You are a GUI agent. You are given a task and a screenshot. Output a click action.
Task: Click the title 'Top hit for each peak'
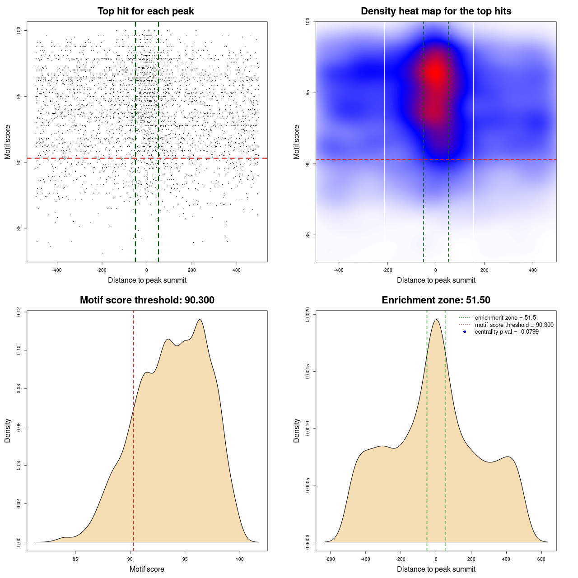pyautogui.click(x=145, y=11)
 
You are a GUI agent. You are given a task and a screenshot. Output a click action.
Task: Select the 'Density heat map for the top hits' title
pyautogui.click(x=436, y=11)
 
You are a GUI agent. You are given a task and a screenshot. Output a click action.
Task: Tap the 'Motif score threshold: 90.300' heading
pyautogui.click(x=147, y=300)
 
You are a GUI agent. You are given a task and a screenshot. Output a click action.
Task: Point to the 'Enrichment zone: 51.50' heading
pyautogui.click(x=436, y=300)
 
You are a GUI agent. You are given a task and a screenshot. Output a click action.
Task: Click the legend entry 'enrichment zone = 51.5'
pyautogui.click(x=505, y=318)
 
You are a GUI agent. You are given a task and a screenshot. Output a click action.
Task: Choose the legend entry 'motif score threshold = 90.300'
pyautogui.click(x=514, y=325)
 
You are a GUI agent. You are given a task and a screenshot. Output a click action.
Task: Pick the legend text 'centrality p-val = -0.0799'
pyautogui.click(x=507, y=332)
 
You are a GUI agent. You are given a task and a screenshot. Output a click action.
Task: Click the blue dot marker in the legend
pyautogui.click(x=465, y=332)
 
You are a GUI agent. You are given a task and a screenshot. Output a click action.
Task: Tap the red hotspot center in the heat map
pyautogui.click(x=435, y=72)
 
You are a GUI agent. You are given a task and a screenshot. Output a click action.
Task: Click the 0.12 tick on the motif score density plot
pyautogui.click(x=19, y=312)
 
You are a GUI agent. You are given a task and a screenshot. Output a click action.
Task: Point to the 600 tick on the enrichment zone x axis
pyautogui.click(x=541, y=559)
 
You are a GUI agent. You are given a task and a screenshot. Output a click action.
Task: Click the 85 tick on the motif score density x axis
pyautogui.click(x=75, y=559)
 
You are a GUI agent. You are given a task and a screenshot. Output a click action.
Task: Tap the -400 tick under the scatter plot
pyautogui.click(x=57, y=270)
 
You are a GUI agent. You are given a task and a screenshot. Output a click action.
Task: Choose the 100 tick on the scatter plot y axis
pyautogui.click(x=19, y=30)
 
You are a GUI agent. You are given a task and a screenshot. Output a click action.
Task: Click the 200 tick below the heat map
pyautogui.click(x=484, y=270)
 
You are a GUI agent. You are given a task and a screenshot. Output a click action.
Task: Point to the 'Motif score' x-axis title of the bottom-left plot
pyautogui.click(x=147, y=569)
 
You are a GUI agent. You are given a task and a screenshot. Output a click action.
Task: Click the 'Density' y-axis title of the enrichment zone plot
pyautogui.click(x=297, y=430)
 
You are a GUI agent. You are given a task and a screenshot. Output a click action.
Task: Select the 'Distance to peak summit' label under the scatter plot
pyautogui.click(x=147, y=280)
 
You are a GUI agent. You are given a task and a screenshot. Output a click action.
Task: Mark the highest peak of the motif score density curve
pyautogui.click(x=199, y=320)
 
